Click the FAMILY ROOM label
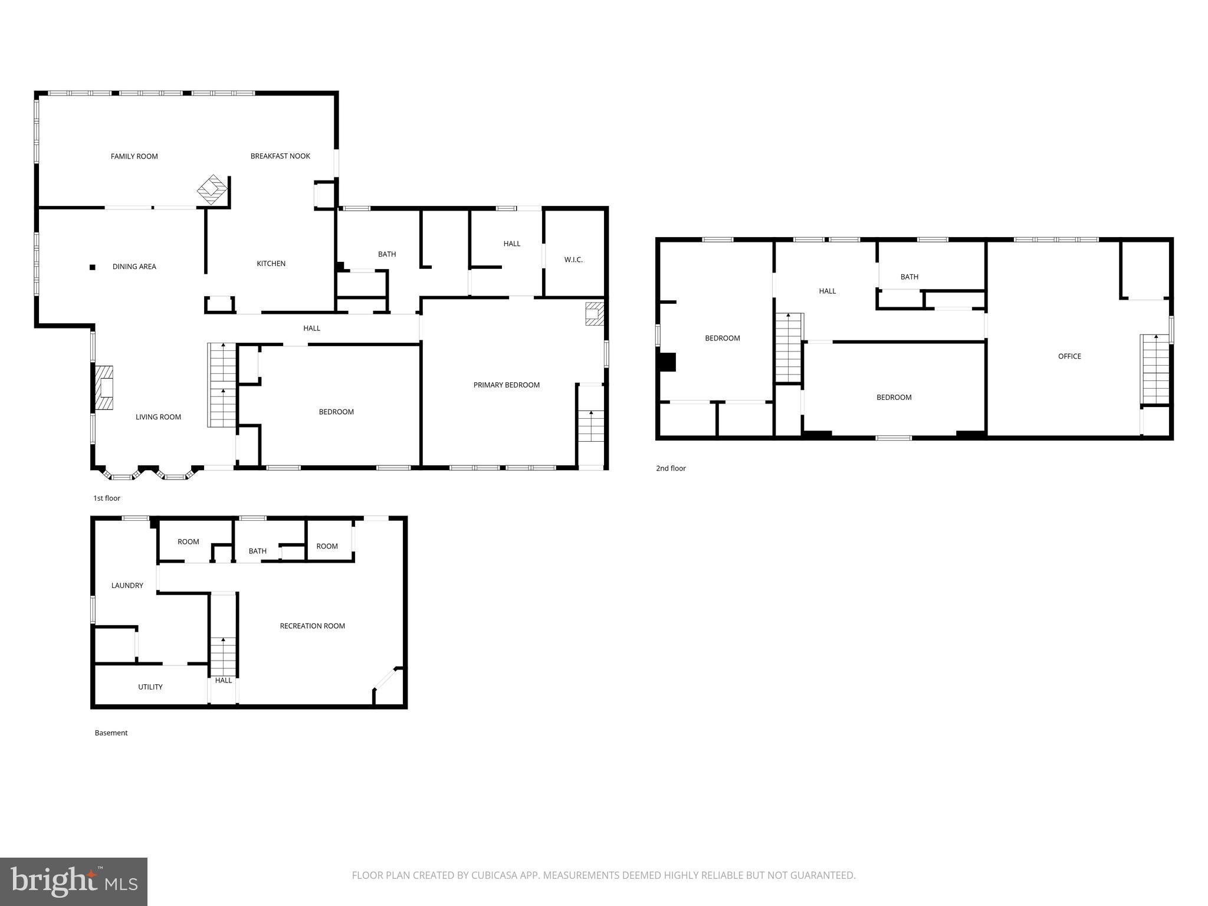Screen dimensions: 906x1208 click(x=134, y=156)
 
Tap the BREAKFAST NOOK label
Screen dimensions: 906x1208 click(x=280, y=156)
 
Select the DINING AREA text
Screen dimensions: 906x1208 click(x=134, y=267)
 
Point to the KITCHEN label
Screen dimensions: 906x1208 click(x=271, y=264)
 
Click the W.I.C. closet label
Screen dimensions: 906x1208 click(x=573, y=260)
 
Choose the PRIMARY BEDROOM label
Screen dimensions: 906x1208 click(x=507, y=385)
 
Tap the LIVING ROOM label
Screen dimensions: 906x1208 click(x=158, y=417)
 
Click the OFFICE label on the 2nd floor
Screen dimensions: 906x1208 click(x=1069, y=356)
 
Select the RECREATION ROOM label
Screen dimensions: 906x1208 click(x=313, y=626)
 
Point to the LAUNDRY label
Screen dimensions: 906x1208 click(x=127, y=586)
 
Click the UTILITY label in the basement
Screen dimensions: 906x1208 click(x=150, y=687)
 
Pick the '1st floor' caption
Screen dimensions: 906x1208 click(x=107, y=498)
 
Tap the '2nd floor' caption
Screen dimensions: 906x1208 click(x=671, y=468)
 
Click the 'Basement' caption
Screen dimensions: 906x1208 click(x=111, y=733)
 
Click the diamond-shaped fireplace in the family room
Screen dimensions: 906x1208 click(x=212, y=189)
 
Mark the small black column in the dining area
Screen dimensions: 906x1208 click(x=93, y=267)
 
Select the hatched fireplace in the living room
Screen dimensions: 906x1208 click(x=104, y=388)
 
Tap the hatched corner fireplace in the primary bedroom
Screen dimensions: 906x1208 click(x=595, y=313)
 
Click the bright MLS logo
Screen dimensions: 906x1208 click(x=74, y=881)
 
